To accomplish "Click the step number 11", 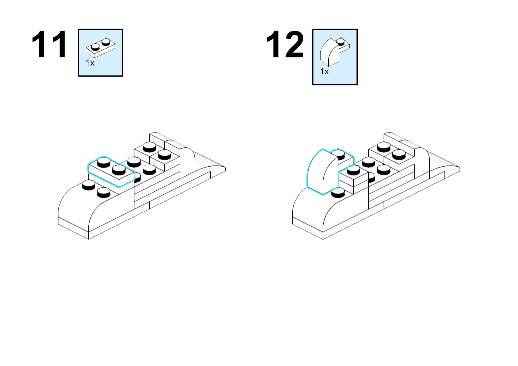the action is click(x=49, y=44).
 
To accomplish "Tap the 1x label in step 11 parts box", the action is click(x=90, y=63).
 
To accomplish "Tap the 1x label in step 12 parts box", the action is click(x=324, y=71).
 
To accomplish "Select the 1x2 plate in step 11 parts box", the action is click(x=101, y=48).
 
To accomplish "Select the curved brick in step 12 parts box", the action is click(x=335, y=52).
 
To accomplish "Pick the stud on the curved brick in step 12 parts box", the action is click(x=340, y=42).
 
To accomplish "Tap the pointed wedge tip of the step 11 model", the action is click(x=225, y=169).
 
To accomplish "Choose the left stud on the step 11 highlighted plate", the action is click(x=104, y=162).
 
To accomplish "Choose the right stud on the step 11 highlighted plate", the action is click(x=119, y=170).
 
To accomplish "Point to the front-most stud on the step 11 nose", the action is click(x=104, y=193).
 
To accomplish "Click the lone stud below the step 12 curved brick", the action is click(x=338, y=193).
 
